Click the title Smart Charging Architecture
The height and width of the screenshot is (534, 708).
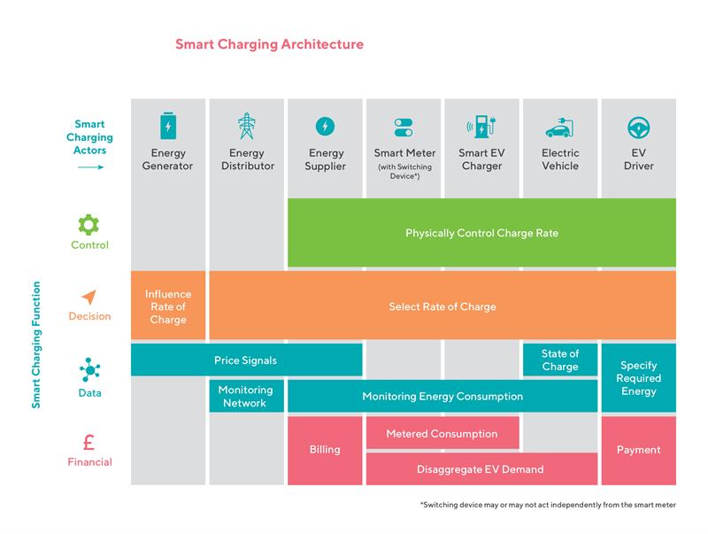click(x=269, y=44)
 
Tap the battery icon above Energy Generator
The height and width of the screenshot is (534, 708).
click(x=168, y=126)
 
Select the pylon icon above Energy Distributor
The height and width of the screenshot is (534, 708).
click(x=247, y=126)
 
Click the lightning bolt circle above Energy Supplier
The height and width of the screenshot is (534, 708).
click(x=325, y=126)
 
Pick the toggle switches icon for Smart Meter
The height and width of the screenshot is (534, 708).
click(x=404, y=128)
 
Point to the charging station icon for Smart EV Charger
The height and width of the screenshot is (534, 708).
click(x=481, y=126)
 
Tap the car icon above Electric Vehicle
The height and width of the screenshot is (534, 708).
click(x=559, y=128)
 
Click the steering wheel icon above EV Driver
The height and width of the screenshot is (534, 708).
click(x=638, y=128)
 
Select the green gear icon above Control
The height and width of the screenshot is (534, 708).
click(x=88, y=225)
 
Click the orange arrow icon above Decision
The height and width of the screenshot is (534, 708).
click(x=89, y=297)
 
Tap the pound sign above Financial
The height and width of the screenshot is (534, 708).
click(x=89, y=442)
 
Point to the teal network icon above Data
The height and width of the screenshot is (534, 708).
click(x=90, y=370)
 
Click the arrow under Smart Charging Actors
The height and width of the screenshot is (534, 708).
click(x=90, y=167)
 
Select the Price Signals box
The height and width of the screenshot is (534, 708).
click(x=247, y=360)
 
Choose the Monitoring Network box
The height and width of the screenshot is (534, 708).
click(x=247, y=396)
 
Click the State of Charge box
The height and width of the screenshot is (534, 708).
click(x=560, y=360)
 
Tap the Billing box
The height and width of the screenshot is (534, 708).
click(x=325, y=451)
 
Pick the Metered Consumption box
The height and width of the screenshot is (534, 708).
click(x=442, y=433)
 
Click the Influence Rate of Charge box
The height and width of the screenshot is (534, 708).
click(x=168, y=306)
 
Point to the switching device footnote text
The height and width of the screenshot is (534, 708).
click(x=548, y=505)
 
